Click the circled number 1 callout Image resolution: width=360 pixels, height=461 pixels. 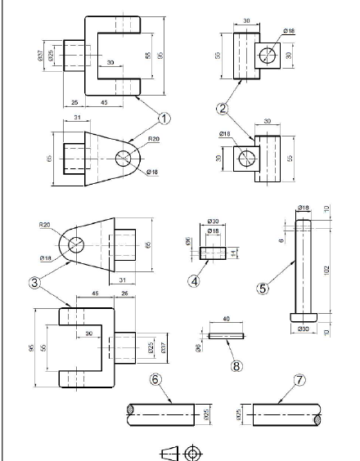click(x=164, y=119)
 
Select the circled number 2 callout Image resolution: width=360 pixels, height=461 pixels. click(x=223, y=107)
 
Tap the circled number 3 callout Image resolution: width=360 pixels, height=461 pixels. click(x=33, y=282)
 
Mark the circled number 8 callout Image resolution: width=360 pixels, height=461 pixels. click(x=236, y=365)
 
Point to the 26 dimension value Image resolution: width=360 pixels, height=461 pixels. click(x=124, y=294)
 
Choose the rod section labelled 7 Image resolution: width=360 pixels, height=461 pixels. click(x=283, y=414)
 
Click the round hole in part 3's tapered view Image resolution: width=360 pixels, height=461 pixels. click(x=77, y=244)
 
